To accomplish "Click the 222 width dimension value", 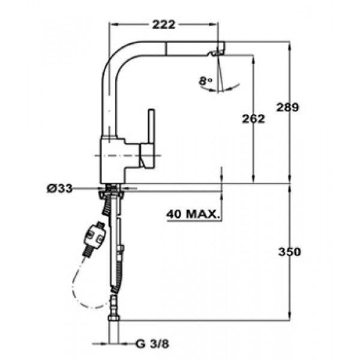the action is tap(164, 25).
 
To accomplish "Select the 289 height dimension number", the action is tap(287, 107).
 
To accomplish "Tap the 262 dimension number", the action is tap(253, 119).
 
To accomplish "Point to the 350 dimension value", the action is tap(290, 252).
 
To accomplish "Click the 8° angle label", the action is tap(205, 81).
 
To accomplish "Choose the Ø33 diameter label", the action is tap(59, 189).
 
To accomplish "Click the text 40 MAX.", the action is tap(193, 214).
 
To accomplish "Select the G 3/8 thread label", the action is tap(152, 344).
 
